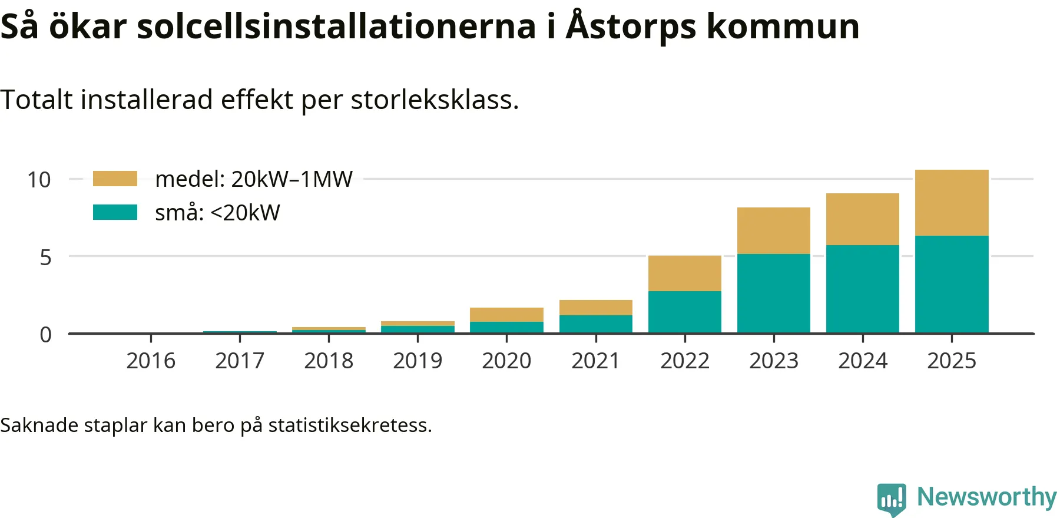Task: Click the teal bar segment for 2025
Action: click(952, 284)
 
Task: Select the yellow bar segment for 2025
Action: click(952, 203)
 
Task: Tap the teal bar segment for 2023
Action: click(773, 293)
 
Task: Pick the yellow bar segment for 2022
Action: click(684, 273)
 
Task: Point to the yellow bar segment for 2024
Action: click(862, 219)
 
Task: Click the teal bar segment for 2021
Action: click(595, 324)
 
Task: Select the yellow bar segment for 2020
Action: click(506, 315)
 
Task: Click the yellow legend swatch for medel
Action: click(115, 179)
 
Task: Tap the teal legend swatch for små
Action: click(115, 212)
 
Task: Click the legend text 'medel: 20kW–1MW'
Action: click(254, 179)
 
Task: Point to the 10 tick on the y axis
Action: click(39, 180)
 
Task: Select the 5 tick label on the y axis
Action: click(45, 258)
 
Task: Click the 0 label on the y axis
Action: click(45, 335)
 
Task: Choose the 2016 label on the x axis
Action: click(151, 361)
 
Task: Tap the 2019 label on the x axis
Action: click(418, 361)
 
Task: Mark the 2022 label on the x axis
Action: click(684, 361)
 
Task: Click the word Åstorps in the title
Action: click(631, 27)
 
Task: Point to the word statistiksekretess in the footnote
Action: click(350, 425)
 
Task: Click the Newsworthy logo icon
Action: click(892, 499)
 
